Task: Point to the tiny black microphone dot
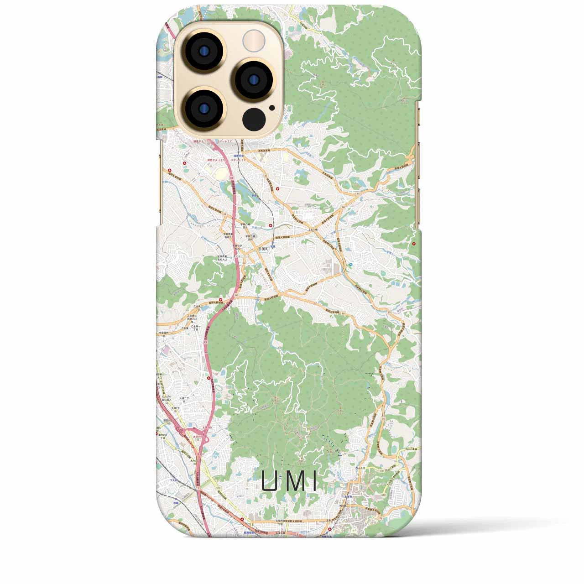272,108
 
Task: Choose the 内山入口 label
360,469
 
